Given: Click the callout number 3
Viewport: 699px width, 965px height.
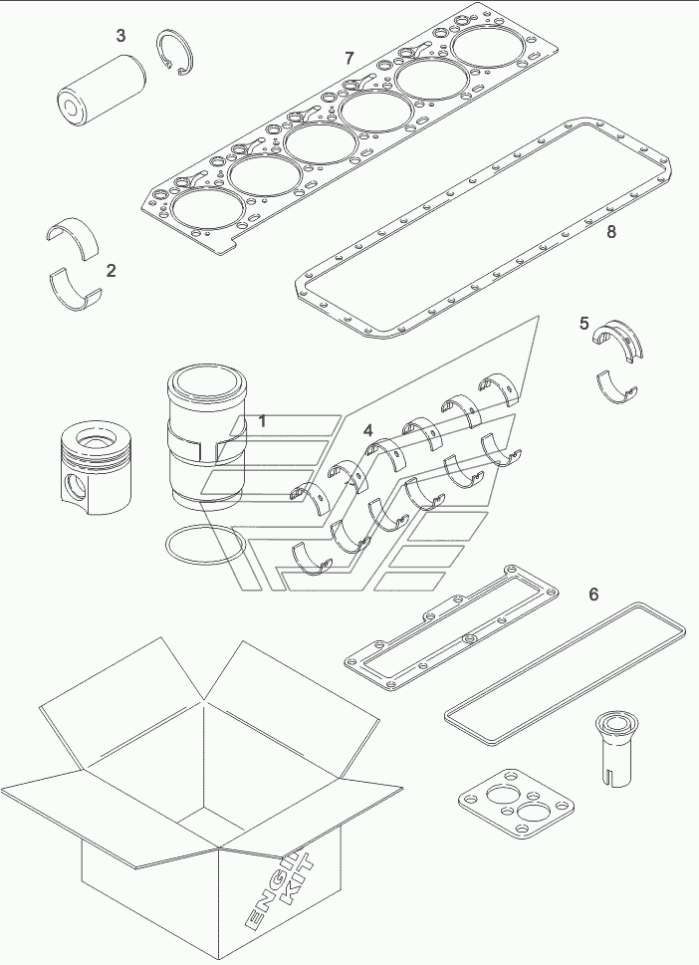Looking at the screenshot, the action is [121, 36].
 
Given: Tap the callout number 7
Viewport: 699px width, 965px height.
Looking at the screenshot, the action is [349, 59].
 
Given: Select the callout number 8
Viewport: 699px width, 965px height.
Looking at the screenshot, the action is [611, 232].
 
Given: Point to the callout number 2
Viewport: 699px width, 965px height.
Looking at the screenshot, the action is [111, 270].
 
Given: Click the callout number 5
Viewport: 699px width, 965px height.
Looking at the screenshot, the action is [583, 323].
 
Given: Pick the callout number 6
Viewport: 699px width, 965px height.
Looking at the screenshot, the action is [593, 595].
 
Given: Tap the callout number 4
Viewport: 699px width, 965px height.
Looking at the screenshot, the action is [368, 430].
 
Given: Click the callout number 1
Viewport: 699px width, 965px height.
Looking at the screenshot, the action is [262, 421].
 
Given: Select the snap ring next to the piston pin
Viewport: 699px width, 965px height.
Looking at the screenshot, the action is [175, 54].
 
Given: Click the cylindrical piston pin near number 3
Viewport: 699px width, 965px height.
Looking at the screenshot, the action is [101, 90].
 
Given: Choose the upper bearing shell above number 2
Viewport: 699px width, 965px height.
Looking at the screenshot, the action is [74, 234].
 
